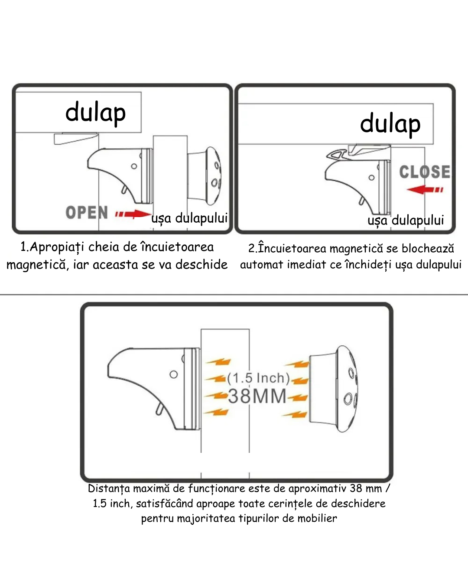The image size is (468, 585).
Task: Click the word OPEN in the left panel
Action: point(87,213)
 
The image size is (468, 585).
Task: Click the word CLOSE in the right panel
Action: point(424,172)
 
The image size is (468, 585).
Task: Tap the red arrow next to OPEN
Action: point(133,214)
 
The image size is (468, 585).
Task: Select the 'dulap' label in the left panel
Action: point(95,112)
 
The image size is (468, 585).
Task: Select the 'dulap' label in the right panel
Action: point(390,123)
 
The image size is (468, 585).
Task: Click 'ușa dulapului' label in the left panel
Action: point(189,218)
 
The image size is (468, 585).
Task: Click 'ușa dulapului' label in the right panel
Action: point(406,220)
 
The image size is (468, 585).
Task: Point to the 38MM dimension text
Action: point(257,396)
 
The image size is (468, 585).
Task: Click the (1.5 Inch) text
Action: point(258,378)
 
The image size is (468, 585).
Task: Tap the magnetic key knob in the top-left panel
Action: point(208,175)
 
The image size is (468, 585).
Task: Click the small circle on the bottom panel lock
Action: point(173,374)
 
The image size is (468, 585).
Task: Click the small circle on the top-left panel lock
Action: point(134,166)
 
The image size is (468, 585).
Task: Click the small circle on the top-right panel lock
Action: point(371,178)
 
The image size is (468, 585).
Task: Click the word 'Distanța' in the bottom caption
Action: point(109,489)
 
